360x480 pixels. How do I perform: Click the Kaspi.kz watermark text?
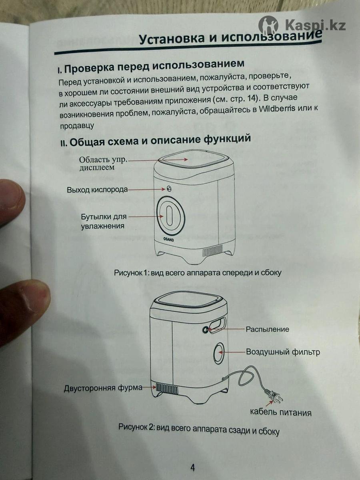316,25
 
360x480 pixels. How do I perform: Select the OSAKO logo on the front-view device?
168,239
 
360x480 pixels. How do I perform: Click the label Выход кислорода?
97,190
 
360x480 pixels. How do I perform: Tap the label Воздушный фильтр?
283,352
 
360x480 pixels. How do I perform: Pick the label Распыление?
267,329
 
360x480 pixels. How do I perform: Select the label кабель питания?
281,412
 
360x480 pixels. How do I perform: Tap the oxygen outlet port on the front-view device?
169,188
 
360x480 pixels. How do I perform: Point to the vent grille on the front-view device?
213,251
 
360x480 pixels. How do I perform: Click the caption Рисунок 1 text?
198,272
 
